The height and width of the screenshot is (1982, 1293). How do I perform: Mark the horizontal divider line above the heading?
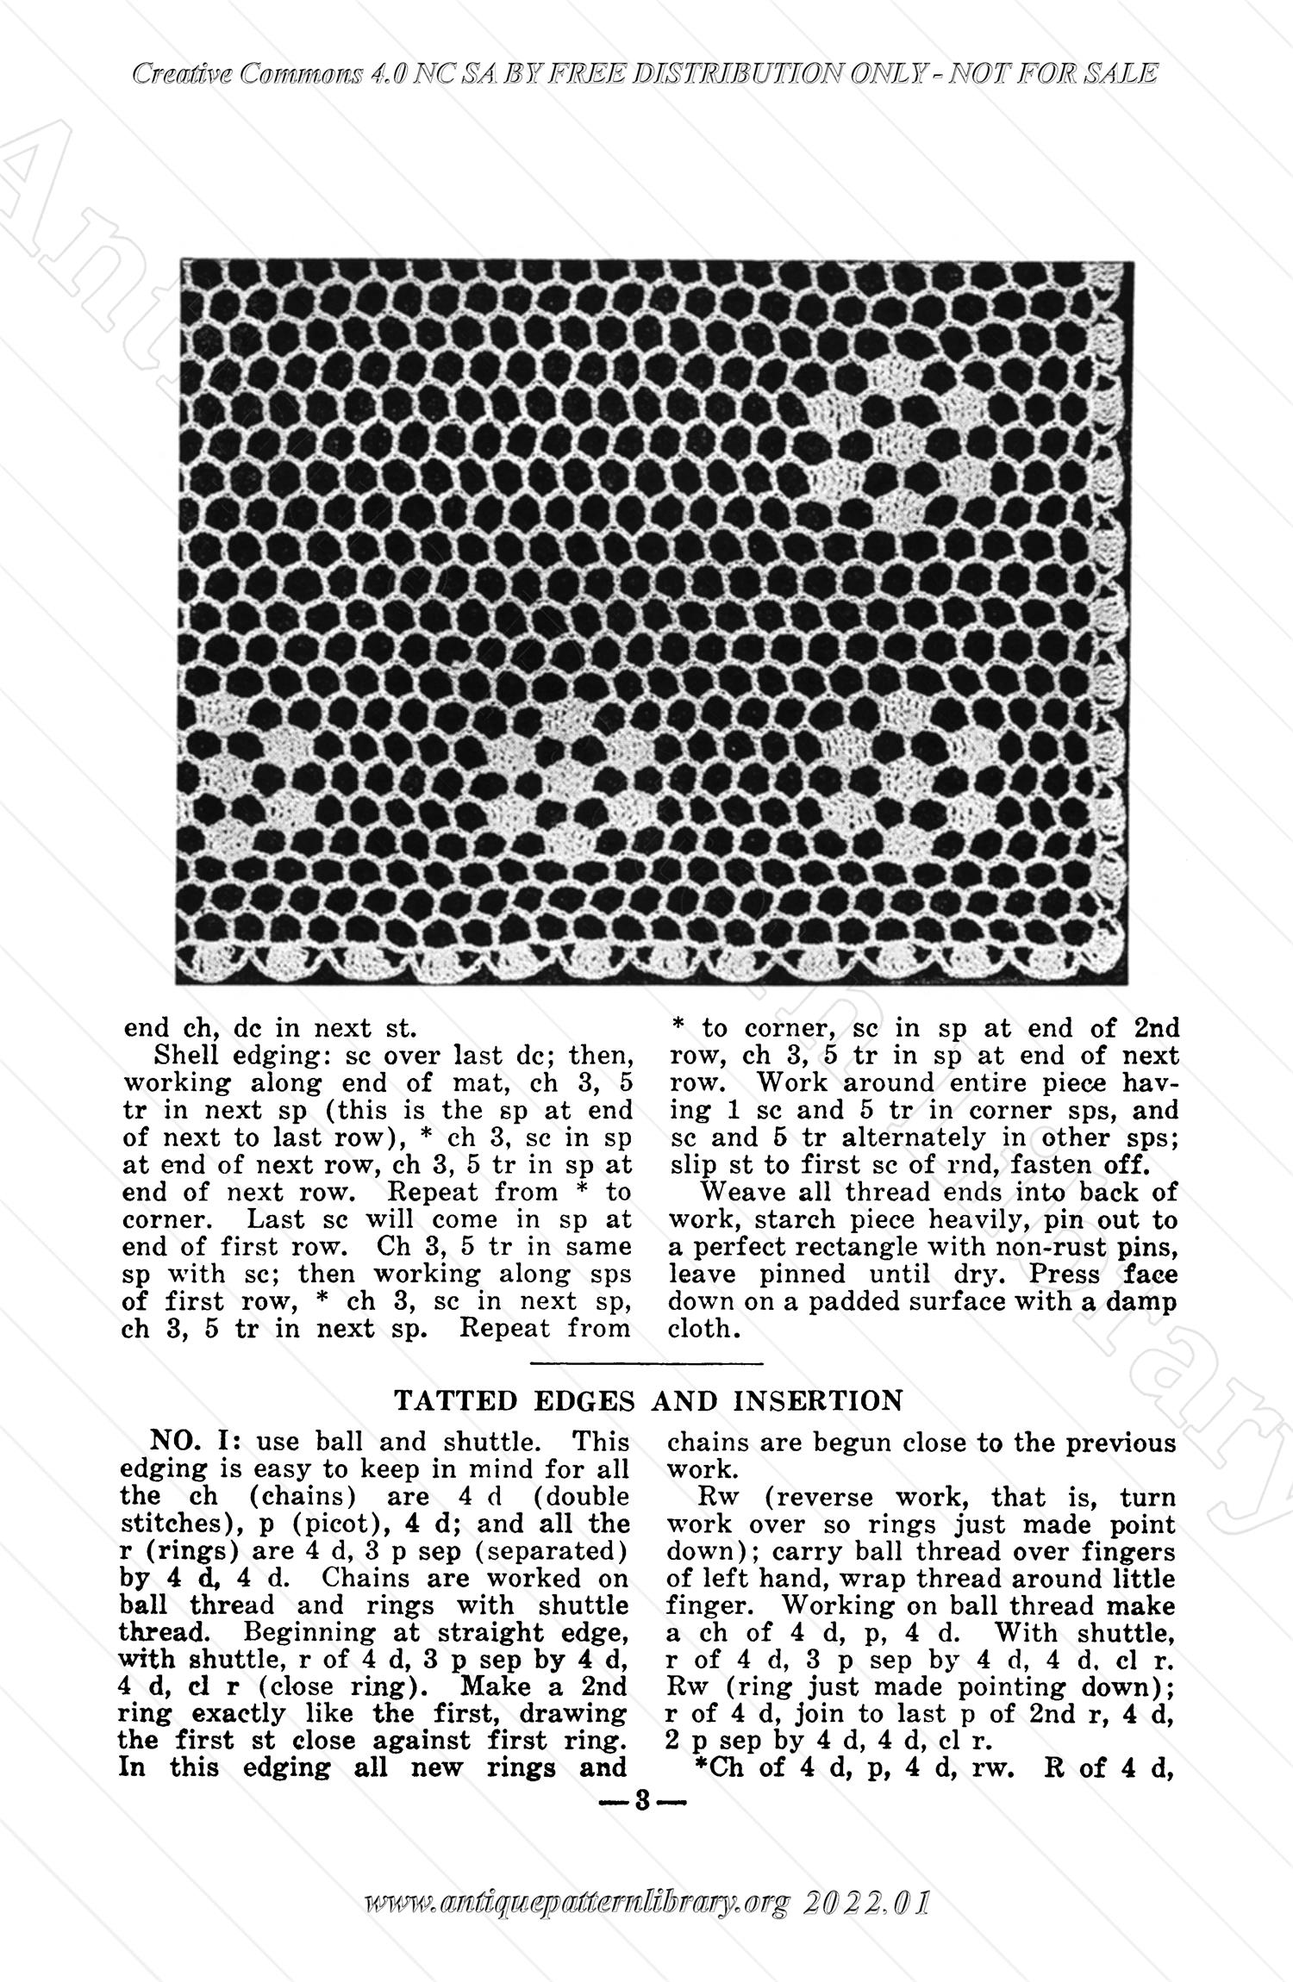[646, 1364]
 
